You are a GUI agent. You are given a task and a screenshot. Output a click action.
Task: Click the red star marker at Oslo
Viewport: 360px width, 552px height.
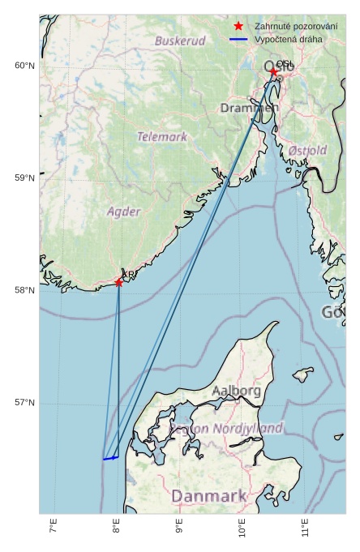pos(273,71)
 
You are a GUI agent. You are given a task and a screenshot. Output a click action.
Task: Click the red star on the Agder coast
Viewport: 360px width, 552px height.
pos(119,282)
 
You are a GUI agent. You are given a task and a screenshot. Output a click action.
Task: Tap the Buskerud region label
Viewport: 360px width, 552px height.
pos(180,41)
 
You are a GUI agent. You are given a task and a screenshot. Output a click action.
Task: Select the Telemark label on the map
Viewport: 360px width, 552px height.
pos(162,137)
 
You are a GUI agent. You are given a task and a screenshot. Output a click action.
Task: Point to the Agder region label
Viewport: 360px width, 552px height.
pos(124,212)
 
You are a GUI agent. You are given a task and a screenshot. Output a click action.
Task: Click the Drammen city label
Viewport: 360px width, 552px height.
pos(249,108)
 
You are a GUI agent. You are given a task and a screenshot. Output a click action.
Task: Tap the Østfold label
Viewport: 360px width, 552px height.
pos(307,151)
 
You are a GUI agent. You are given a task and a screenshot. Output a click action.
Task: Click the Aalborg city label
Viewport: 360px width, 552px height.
pos(237,391)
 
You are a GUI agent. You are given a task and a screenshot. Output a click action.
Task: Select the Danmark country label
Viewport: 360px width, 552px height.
pos(208,496)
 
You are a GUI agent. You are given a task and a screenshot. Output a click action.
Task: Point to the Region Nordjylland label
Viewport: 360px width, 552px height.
pos(226,428)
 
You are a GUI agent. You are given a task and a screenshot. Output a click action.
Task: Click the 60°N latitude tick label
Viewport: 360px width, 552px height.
pos(24,66)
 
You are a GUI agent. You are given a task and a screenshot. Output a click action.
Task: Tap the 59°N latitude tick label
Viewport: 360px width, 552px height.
pos(24,178)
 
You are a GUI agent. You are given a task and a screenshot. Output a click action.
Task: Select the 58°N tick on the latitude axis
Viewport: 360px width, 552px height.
pos(24,290)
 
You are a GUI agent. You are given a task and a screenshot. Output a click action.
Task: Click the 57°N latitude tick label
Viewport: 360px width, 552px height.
pos(24,403)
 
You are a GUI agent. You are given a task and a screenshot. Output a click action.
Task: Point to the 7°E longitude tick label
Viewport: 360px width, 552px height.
pos(54,529)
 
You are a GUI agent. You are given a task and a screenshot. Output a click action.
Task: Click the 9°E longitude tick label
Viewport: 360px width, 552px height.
pos(180,529)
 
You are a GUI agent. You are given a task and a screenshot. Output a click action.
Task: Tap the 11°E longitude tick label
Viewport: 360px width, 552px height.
pos(306,529)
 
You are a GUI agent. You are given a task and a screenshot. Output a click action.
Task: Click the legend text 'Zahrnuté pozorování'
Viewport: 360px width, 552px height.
pos(296,27)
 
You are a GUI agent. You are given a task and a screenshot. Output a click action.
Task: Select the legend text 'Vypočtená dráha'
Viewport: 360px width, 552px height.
pos(288,39)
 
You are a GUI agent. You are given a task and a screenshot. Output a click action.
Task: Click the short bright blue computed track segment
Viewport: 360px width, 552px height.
pos(111,458)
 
